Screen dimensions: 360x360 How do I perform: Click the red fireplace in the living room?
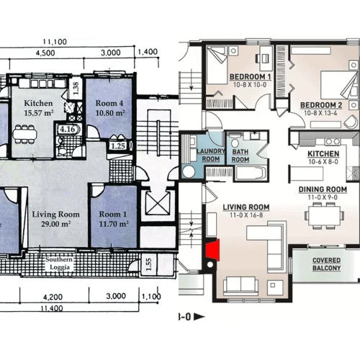213,250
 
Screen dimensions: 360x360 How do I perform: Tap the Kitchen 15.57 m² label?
38,108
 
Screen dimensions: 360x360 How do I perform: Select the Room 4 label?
109,108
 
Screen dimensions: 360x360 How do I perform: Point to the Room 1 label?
114,219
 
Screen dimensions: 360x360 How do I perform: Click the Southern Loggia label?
59,264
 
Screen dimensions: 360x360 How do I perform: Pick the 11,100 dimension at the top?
55,42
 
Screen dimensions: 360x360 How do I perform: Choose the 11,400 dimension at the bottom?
52,308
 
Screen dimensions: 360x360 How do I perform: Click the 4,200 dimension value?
53,297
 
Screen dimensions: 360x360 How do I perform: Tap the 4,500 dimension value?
45,53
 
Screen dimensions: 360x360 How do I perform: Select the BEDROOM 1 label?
251,77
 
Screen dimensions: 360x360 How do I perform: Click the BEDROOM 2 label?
321,105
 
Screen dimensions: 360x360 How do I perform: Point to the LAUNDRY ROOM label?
211,155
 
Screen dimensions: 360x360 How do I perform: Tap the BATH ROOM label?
240,156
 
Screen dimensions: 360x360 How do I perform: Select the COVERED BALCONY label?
327,264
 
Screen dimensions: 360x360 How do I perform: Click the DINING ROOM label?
323,189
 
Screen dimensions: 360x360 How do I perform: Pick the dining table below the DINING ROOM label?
324,215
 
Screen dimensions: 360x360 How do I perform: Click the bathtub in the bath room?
251,173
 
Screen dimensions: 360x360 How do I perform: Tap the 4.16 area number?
68,130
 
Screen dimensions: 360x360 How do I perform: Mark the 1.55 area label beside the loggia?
148,264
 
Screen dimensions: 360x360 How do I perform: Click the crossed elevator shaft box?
158,203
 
